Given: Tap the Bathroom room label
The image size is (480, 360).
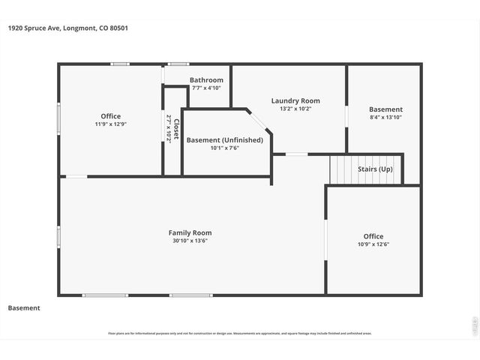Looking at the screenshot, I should [x=206, y=80].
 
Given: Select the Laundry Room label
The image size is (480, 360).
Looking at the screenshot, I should [x=295, y=100].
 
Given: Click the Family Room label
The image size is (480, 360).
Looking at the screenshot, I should [x=190, y=232].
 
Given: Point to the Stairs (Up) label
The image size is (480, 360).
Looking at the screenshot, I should [x=375, y=169].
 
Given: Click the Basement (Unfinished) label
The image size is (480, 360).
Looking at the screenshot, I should [x=225, y=140].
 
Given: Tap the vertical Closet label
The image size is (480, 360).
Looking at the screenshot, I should [x=177, y=129].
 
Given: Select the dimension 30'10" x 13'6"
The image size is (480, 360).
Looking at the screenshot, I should [x=190, y=241].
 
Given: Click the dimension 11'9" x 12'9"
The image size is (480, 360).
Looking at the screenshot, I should [x=110, y=124].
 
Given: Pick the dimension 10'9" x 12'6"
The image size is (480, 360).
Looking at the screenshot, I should [x=373, y=244].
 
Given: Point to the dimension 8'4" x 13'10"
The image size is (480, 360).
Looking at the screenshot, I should [x=385, y=118].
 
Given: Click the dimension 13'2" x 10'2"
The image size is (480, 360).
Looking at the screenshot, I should [x=295, y=109].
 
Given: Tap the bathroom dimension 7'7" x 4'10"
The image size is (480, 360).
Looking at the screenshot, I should [x=206, y=88].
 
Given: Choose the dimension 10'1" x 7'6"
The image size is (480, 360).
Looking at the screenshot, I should [x=225, y=148].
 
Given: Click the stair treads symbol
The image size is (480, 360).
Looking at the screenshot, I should [x=342, y=169].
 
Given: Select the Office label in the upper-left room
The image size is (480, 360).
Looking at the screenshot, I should [x=110, y=116].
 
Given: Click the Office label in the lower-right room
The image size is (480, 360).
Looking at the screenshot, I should [x=373, y=236].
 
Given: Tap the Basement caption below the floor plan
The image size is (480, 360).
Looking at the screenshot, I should [x=24, y=308].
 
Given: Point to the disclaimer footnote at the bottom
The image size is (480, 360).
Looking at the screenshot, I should [x=240, y=334].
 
